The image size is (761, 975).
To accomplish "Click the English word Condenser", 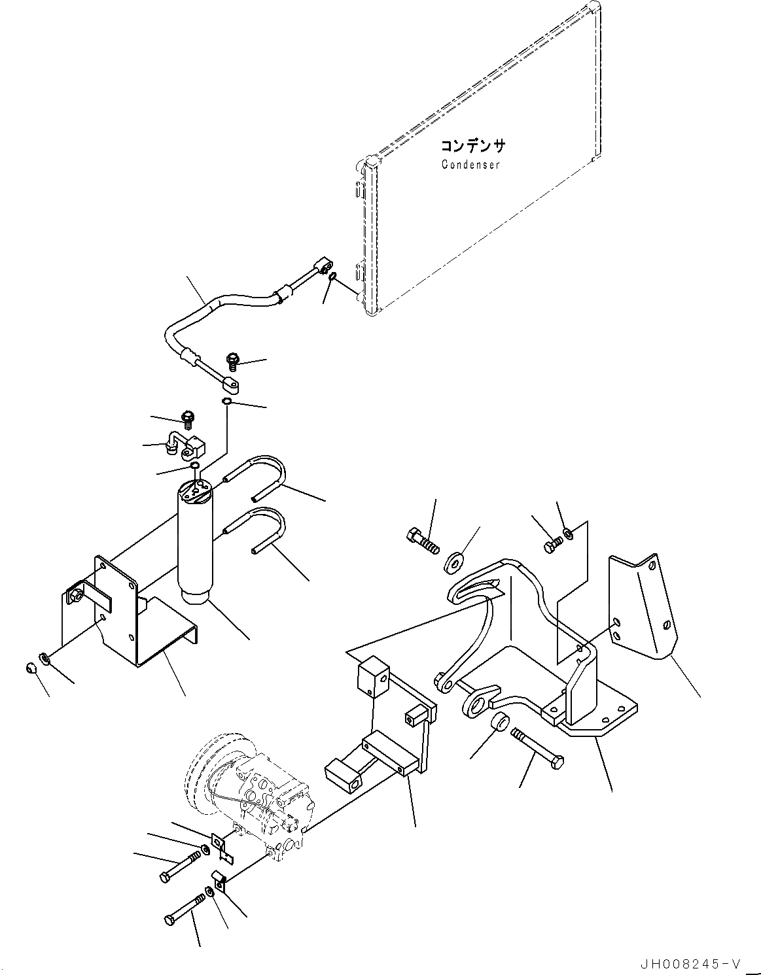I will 470,165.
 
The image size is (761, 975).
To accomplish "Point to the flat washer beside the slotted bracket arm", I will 452,561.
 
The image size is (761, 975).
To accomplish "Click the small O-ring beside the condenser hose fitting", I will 332,277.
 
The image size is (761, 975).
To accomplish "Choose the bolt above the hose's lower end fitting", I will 232,360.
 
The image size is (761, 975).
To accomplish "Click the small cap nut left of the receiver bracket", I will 30,668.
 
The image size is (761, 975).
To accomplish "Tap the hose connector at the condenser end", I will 321,267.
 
